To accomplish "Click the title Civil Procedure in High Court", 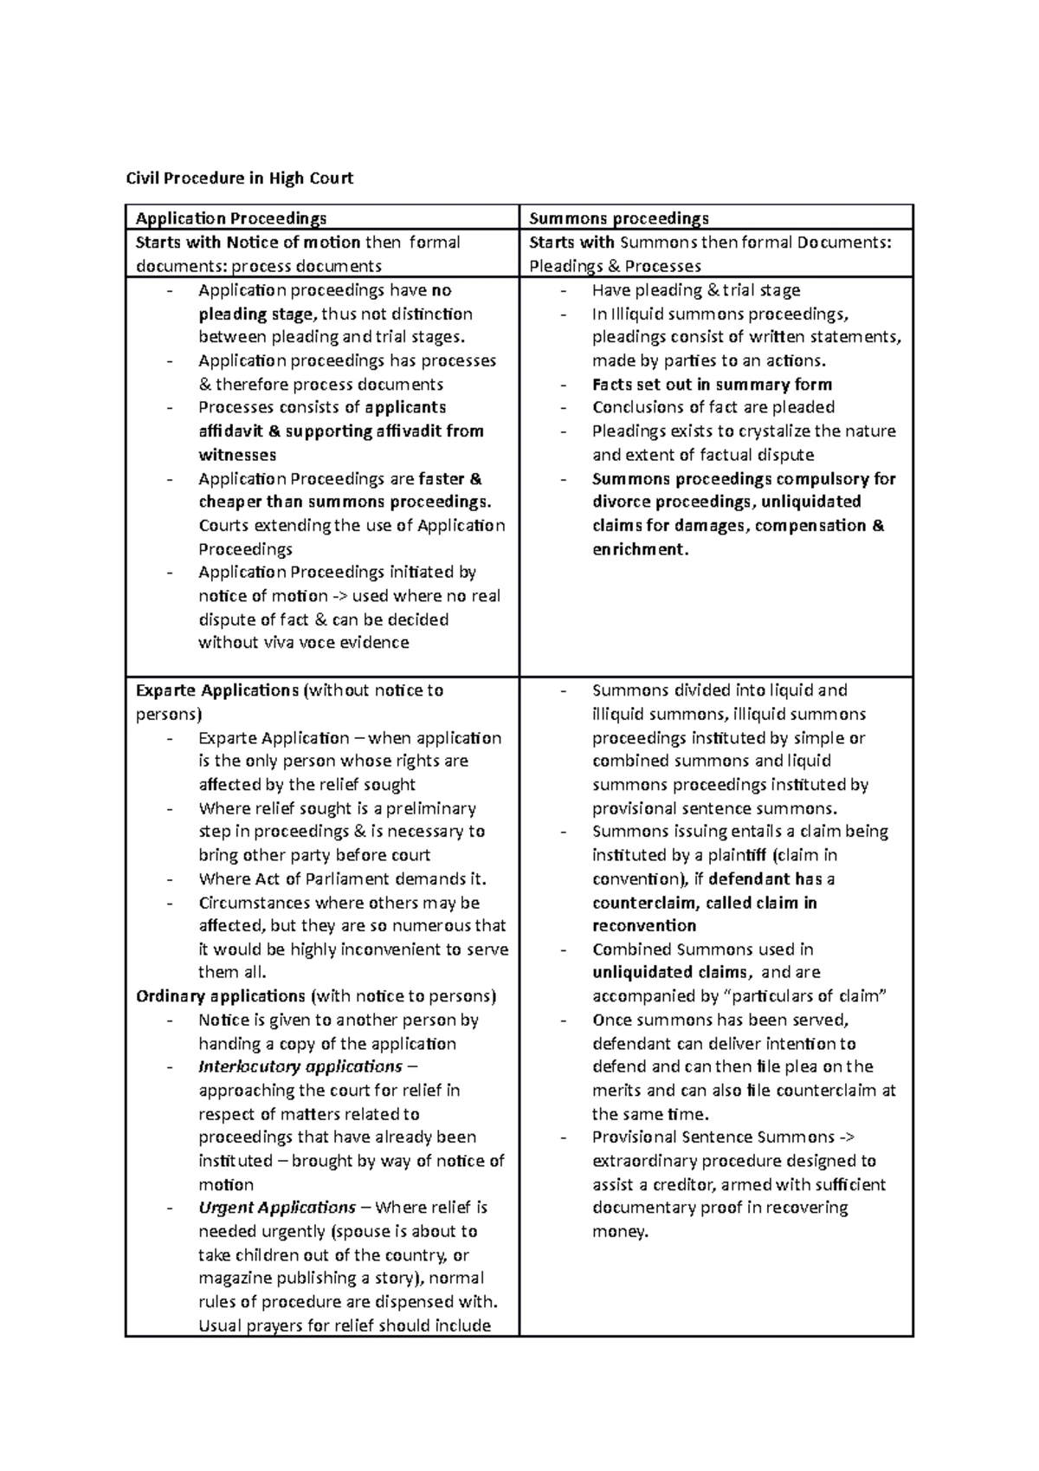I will (x=240, y=178).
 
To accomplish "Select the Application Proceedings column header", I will (x=231, y=218).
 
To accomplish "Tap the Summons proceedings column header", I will (x=618, y=218).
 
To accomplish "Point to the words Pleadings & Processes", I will (x=615, y=266).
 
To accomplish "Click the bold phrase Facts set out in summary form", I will (x=712, y=385).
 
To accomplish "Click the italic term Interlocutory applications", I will (x=300, y=1066).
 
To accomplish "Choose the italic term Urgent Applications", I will (x=277, y=1208).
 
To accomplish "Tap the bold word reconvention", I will (x=644, y=925).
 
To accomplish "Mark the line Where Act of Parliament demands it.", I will (x=342, y=878).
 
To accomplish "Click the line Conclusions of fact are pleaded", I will (x=713, y=407).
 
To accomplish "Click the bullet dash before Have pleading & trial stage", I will (x=565, y=291).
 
